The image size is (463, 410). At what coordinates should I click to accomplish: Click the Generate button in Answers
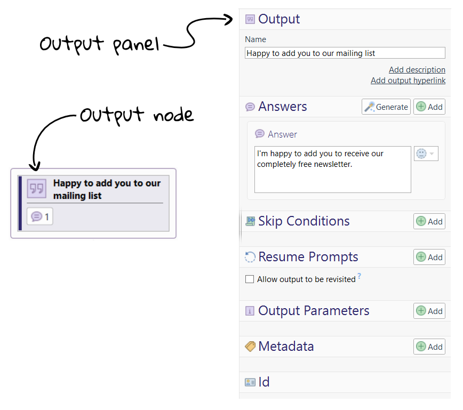[386, 107]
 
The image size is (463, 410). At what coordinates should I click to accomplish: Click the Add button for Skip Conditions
[429, 221]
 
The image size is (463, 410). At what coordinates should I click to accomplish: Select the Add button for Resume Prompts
[429, 257]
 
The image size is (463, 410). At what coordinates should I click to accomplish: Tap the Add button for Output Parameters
[429, 311]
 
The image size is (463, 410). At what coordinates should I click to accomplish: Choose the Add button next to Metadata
[429, 347]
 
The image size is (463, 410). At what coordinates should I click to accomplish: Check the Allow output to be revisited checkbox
[250, 279]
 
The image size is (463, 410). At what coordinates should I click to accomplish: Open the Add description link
[417, 70]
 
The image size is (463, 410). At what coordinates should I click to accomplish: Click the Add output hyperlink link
[408, 81]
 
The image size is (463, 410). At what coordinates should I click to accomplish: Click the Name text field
[345, 53]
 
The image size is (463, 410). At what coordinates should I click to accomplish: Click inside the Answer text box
[332, 169]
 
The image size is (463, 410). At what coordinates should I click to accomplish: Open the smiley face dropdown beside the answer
[426, 154]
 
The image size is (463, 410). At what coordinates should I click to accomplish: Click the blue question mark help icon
[360, 276]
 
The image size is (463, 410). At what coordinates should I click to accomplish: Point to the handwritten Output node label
[136, 115]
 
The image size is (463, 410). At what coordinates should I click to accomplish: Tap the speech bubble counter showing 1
[40, 216]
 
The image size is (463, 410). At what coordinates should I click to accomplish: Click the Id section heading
[264, 382]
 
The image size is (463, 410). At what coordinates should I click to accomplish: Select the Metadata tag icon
[250, 347]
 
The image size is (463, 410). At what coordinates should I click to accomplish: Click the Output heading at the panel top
[278, 19]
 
